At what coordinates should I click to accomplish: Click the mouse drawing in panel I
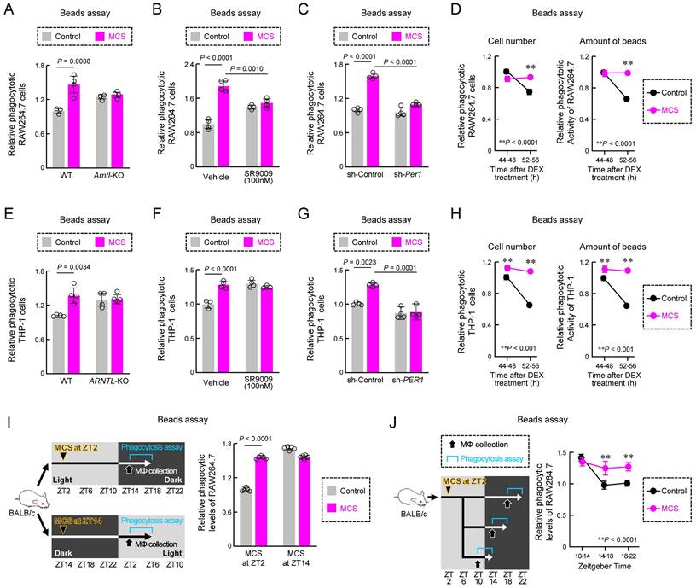(x=22, y=507)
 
